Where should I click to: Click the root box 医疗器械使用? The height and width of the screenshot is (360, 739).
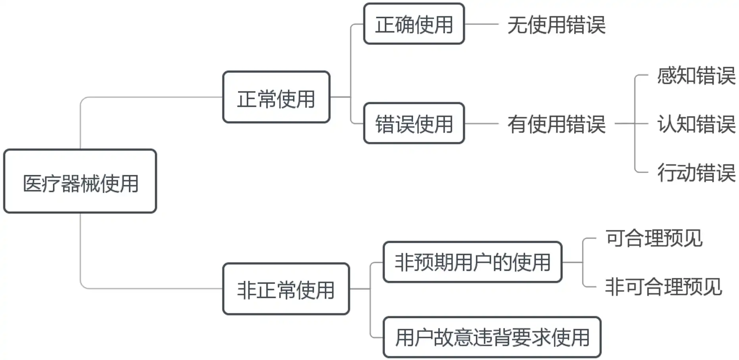80,181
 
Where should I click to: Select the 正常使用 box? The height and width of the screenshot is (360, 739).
276,97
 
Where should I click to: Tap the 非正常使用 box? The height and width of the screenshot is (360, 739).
286,289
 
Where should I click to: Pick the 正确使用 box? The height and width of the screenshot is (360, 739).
414,24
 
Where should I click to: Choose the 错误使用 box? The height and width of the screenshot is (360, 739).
414,123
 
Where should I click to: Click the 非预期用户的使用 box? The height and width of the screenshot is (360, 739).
473,262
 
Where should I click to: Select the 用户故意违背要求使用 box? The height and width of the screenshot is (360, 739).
492,337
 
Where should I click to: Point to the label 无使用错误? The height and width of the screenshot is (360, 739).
556,25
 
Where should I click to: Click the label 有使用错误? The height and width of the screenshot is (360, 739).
556,124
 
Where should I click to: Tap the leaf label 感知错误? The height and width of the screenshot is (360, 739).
696,75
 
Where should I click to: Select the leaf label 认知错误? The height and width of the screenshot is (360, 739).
696,124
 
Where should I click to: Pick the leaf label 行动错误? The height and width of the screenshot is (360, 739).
696,172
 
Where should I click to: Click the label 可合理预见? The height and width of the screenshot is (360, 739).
654,238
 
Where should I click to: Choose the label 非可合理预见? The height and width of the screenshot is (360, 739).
663,287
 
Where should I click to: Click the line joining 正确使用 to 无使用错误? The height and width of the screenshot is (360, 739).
481,24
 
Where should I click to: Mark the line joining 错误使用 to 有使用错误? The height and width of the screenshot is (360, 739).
481,124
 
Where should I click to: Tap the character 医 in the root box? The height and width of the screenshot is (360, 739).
32,184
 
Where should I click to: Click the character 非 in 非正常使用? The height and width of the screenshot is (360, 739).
247,290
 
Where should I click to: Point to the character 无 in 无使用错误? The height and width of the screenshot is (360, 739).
517,25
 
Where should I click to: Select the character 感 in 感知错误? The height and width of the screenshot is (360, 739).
667,75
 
